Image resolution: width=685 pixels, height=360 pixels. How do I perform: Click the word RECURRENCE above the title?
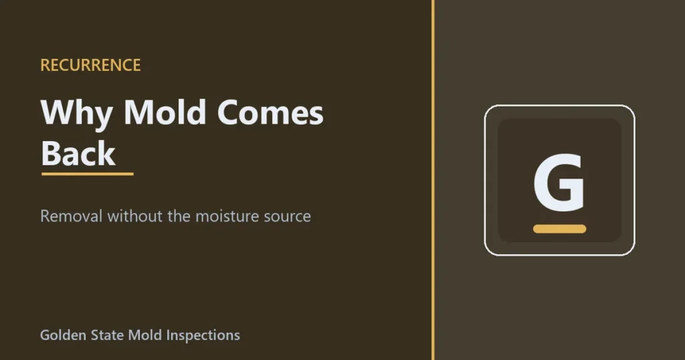click(90, 65)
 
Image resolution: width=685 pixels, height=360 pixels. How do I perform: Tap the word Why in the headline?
click(76, 114)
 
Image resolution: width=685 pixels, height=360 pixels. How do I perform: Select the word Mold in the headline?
click(165, 112)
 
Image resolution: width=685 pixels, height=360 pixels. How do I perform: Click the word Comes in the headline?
click(270, 112)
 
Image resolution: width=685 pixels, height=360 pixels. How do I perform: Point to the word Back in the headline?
click(78, 153)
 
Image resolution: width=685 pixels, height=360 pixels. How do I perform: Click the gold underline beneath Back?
click(88, 174)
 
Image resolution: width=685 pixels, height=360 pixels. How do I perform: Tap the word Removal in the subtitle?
click(71, 216)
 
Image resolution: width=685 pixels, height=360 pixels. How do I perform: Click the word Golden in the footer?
click(64, 335)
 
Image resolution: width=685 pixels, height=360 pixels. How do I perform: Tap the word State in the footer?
click(107, 335)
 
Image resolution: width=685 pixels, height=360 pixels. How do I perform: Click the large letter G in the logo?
click(559, 182)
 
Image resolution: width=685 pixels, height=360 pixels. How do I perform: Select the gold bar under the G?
click(560, 229)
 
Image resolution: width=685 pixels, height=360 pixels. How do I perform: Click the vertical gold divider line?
click(433, 180)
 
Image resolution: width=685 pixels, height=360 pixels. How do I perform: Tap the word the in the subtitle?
click(179, 216)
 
